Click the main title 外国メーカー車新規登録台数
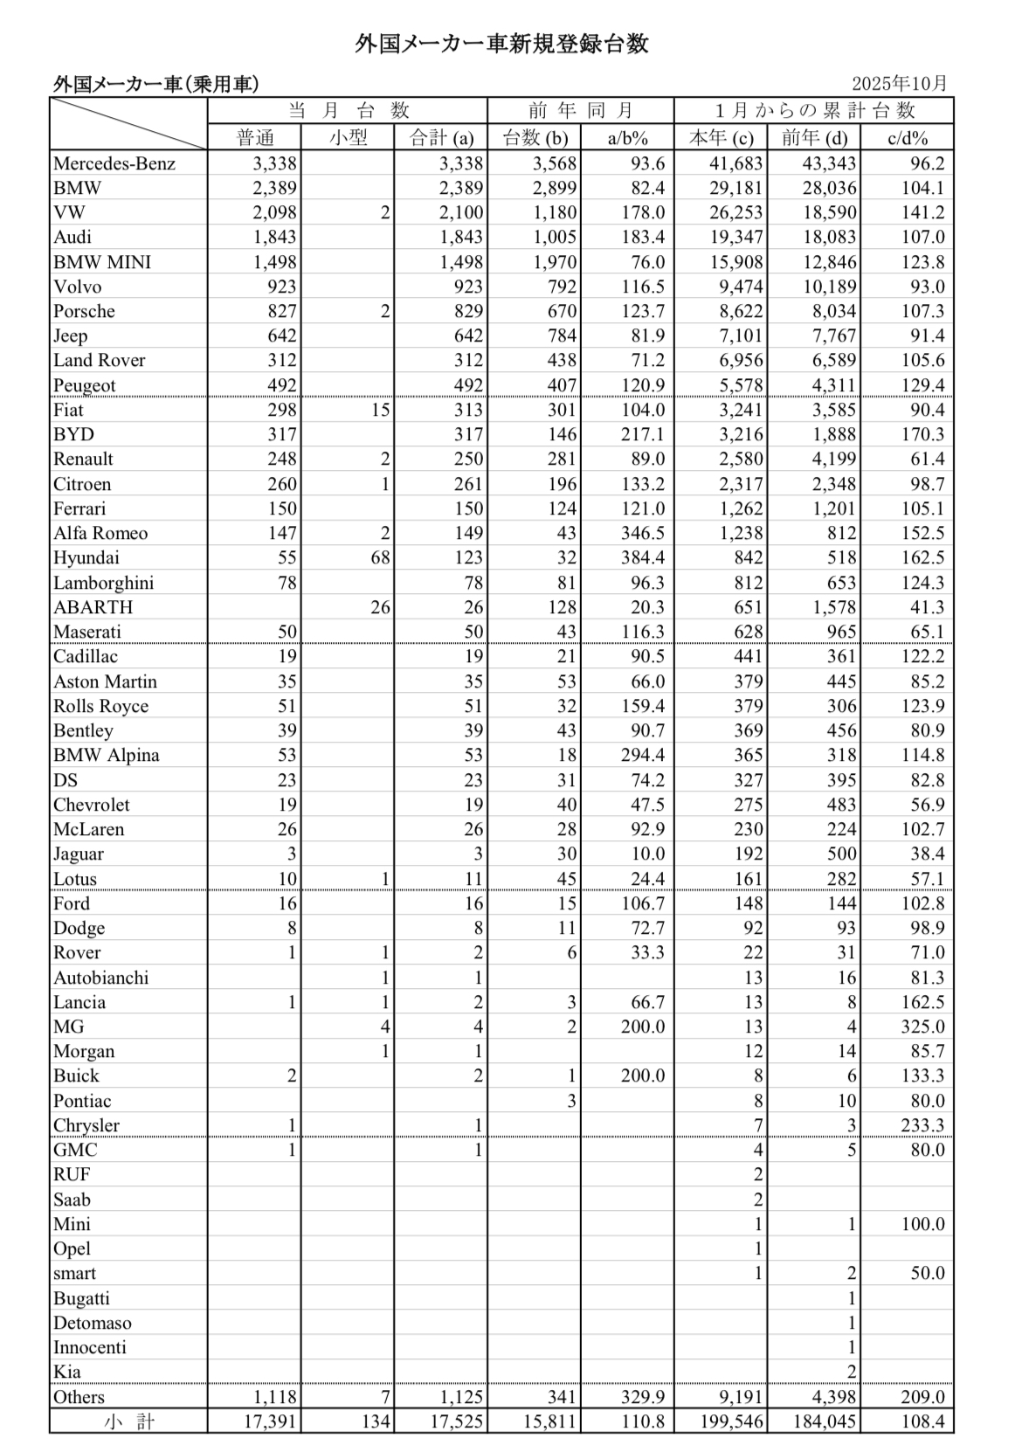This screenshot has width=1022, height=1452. (x=501, y=44)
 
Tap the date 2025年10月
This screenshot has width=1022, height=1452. (x=899, y=84)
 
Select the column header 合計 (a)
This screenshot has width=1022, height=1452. (x=442, y=137)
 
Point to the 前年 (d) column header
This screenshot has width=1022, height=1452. (x=814, y=137)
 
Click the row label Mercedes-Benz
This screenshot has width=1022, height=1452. (x=114, y=163)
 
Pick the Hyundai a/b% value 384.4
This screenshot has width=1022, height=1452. (x=642, y=557)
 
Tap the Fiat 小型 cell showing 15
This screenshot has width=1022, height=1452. (x=379, y=410)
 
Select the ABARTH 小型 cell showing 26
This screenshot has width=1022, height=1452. (x=379, y=607)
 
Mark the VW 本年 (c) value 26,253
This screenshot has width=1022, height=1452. (x=731, y=212)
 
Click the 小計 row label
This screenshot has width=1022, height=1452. (x=128, y=1421)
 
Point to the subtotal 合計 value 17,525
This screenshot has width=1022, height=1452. (x=456, y=1421)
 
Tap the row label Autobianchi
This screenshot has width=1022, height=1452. (x=101, y=978)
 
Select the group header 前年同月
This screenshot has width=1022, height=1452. (x=580, y=110)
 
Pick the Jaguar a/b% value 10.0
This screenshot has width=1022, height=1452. (x=646, y=854)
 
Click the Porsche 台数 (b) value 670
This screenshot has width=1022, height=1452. (x=562, y=311)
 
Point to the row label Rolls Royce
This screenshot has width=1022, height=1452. (x=101, y=706)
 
